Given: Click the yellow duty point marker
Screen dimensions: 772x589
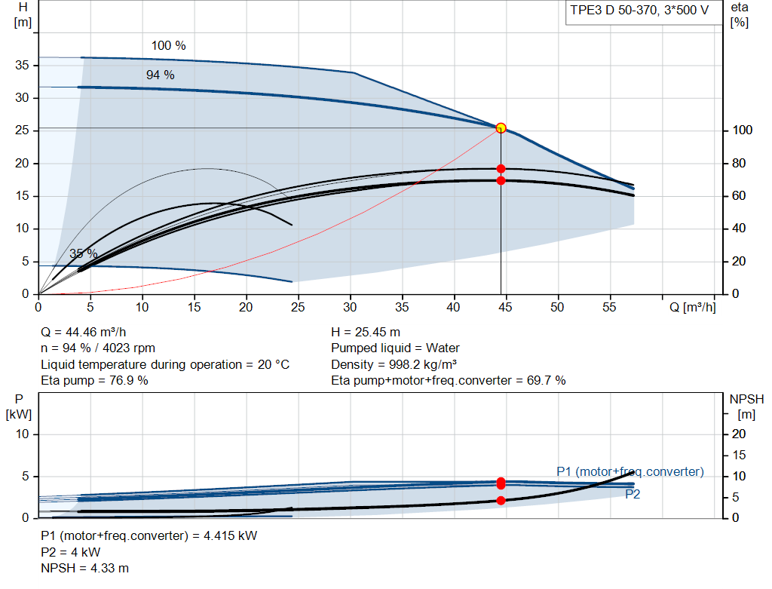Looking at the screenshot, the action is coord(501,128).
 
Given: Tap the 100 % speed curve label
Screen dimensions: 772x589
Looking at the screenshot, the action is coord(168,46).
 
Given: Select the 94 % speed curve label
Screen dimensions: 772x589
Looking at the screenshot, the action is coord(161,75).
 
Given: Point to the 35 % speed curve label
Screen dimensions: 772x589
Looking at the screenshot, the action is coord(83,253).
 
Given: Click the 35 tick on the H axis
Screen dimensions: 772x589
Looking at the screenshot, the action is coord(22,65).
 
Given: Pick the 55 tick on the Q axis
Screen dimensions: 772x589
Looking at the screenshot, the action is coord(609,307).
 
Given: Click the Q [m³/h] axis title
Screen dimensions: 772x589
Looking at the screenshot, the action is coord(692,307).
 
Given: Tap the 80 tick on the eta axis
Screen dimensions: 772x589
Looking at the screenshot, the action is coord(739,163).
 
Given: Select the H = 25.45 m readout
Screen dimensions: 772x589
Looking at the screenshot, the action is coord(366,333).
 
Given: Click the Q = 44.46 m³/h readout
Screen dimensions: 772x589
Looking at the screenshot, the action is coord(83,333).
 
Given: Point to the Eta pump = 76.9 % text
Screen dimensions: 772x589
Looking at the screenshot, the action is coord(94,381).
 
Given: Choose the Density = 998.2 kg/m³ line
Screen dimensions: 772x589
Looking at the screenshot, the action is coord(394,364).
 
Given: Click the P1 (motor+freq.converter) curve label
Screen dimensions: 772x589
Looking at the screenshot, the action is coord(630,472).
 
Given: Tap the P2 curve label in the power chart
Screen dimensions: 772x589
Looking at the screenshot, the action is coord(633,495).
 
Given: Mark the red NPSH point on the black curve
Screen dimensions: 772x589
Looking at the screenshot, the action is coord(501,501).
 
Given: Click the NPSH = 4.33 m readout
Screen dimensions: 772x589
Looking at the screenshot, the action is coord(84,569).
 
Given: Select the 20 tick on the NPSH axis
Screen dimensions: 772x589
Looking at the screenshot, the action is coord(739,434).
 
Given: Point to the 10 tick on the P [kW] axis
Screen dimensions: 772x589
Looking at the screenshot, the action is coord(22,434).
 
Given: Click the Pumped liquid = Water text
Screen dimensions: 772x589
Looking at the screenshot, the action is coord(395,348).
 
